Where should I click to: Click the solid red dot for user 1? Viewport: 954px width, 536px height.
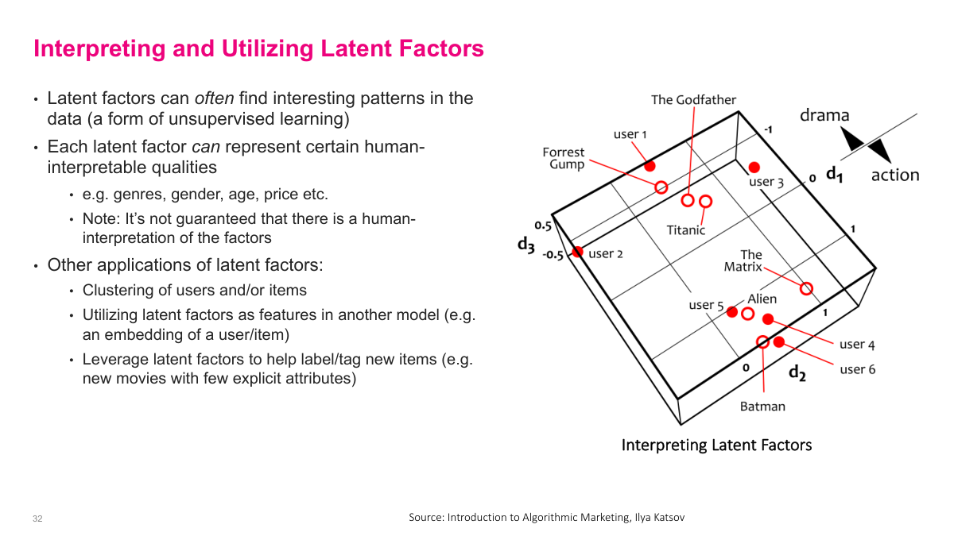tap(650, 166)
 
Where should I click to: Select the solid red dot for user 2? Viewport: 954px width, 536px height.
tap(578, 252)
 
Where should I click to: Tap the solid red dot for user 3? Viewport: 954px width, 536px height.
tap(754, 167)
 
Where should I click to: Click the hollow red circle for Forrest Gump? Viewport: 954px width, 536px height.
tap(661, 187)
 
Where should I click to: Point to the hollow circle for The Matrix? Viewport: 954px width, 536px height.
tap(806, 288)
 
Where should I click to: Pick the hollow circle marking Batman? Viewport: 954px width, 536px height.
tap(762, 342)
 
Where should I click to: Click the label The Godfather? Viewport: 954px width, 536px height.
tap(693, 100)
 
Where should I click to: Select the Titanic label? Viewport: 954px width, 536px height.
tap(685, 230)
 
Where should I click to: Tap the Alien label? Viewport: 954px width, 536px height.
tap(762, 299)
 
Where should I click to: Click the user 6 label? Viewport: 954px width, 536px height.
tap(858, 369)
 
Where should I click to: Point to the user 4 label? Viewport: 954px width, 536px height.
tap(857, 344)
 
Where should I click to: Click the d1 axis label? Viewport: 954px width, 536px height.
tap(834, 174)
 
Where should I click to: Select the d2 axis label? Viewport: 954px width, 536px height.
tap(797, 372)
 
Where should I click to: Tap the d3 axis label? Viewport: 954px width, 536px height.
tap(526, 245)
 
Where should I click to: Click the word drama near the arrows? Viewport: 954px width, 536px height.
tap(824, 115)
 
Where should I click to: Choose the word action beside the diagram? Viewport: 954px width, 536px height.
tap(894, 175)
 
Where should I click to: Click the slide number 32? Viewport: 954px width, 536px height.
tap(37, 519)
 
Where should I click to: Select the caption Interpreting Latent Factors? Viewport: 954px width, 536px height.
tap(716, 445)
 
